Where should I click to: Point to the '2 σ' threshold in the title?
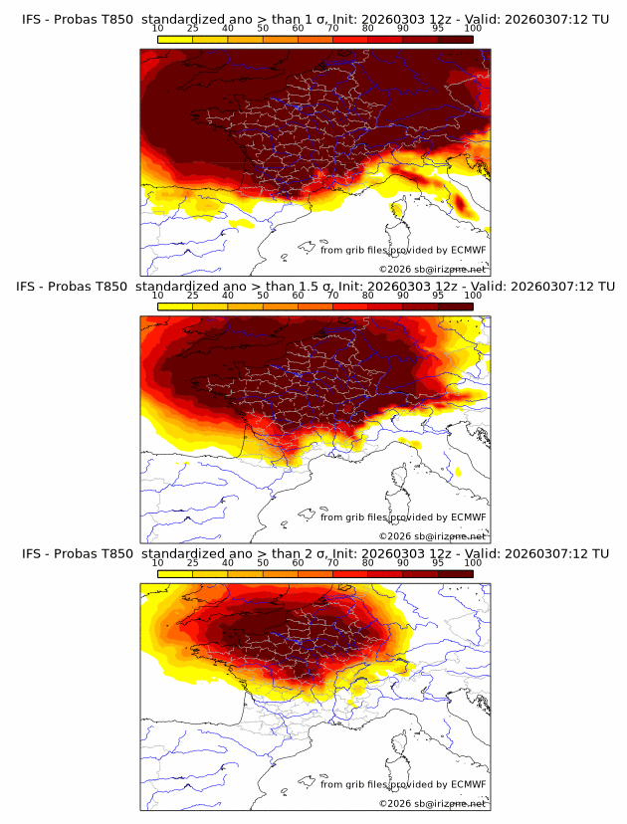tap(301, 553)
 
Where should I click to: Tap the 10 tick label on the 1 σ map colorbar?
tap(158, 28)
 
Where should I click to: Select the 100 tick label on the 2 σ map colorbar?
tap(474, 562)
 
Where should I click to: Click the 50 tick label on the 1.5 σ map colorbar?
tap(263, 295)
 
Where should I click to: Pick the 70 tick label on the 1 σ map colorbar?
tap(333, 28)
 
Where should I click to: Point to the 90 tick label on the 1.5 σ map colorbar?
tap(403, 295)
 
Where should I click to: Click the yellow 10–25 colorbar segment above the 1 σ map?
tap(175, 39)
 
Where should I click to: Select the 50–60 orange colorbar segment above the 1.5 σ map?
tap(281, 306)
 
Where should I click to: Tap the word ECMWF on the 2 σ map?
tap(468, 784)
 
